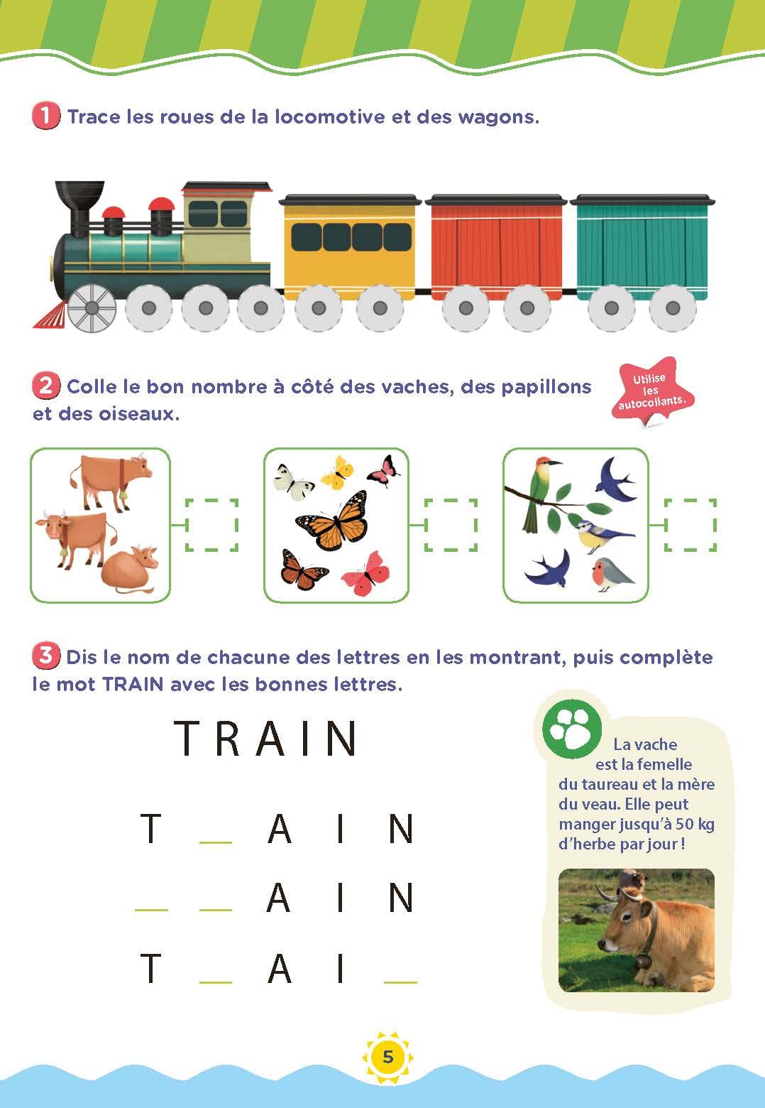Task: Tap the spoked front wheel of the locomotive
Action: click(x=92, y=308)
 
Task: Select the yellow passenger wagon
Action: click(x=348, y=241)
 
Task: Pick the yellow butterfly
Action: click(x=337, y=471)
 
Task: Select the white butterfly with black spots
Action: click(x=293, y=478)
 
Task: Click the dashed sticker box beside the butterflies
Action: click(x=451, y=525)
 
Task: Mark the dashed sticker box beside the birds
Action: click(x=690, y=525)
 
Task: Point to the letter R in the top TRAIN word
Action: click(x=229, y=739)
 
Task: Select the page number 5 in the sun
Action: click(x=387, y=1057)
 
